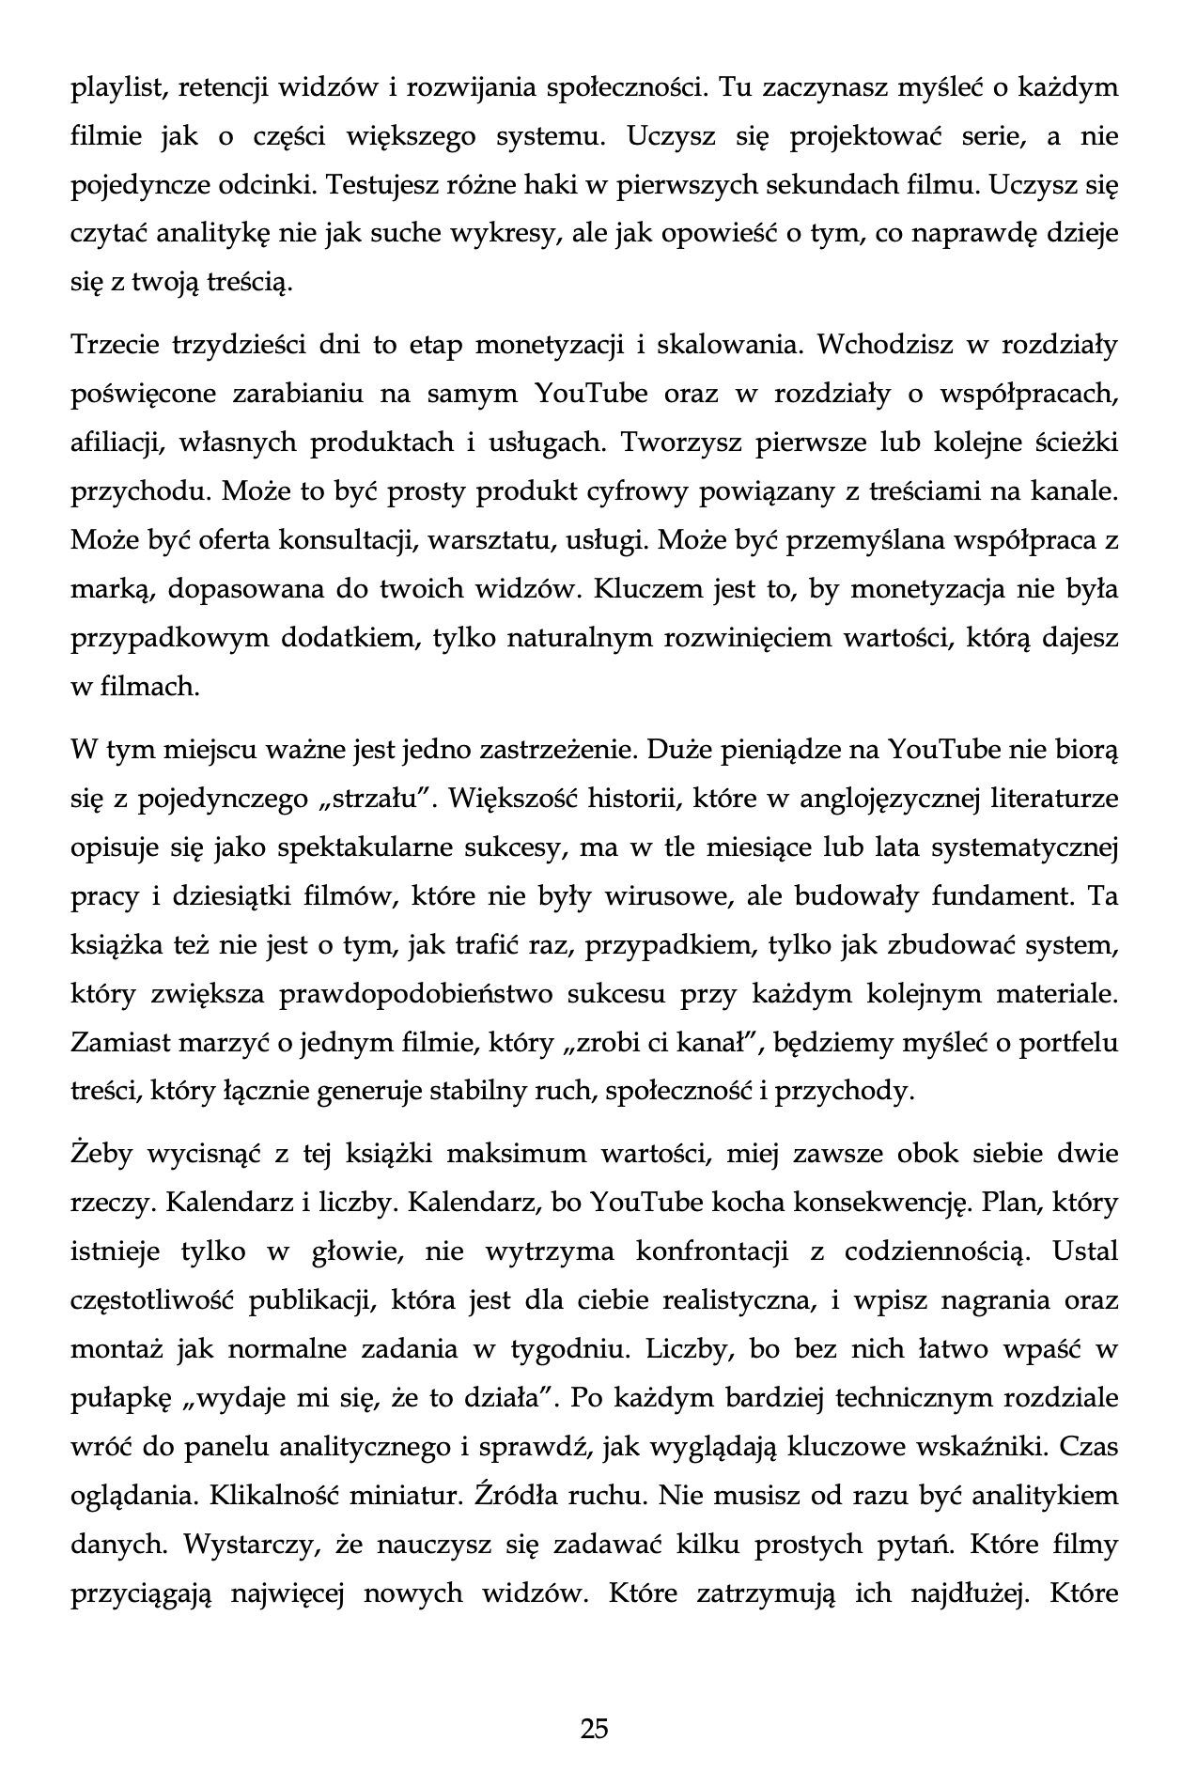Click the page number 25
click(x=595, y=1728)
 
